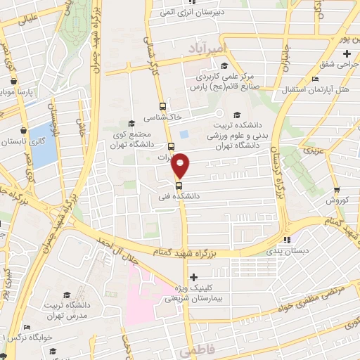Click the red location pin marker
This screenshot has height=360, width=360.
[x=181, y=165]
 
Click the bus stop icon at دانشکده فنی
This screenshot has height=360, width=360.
[x=179, y=186]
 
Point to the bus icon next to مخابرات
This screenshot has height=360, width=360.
[x=172, y=147]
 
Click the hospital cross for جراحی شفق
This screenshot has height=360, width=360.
[x=347, y=53]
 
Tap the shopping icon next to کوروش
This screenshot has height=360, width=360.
[x=337, y=190]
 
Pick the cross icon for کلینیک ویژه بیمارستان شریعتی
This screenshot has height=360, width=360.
[x=194, y=276]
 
